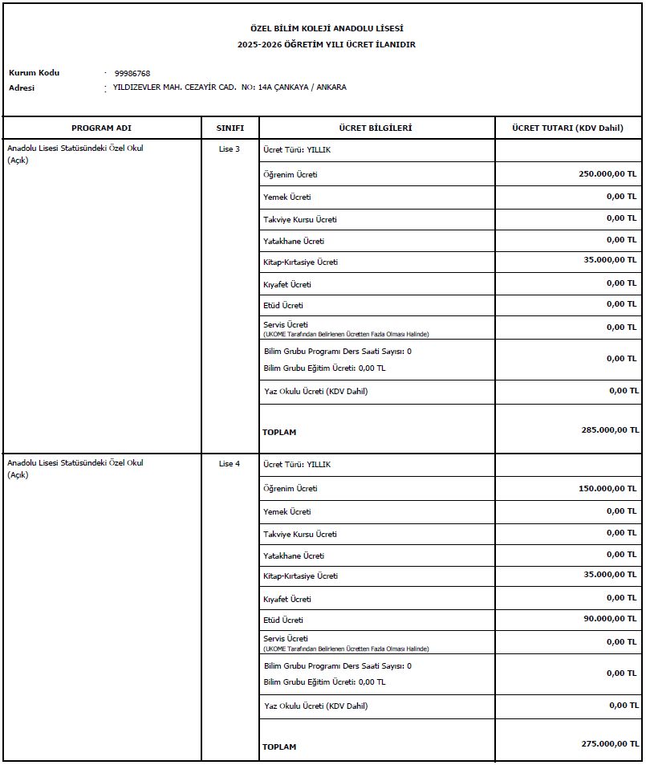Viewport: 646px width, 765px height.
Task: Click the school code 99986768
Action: tap(132, 73)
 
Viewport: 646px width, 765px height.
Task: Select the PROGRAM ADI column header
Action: tap(101, 128)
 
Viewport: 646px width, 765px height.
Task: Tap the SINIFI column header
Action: tap(230, 128)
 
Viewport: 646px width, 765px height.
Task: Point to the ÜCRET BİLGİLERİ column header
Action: tap(376, 128)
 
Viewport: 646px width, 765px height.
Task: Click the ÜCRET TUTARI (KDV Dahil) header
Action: tap(568, 128)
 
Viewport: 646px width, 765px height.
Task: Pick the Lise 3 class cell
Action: tap(230, 149)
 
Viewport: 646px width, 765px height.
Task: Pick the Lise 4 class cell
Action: tap(230, 464)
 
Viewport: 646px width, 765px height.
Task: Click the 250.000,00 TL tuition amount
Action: tap(607, 173)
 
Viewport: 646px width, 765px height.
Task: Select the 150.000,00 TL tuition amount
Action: tap(607, 488)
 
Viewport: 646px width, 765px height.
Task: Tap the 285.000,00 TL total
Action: tap(610, 429)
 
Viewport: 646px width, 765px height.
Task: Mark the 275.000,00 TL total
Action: tap(610, 744)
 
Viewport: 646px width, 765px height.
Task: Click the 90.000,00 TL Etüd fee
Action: tap(610, 618)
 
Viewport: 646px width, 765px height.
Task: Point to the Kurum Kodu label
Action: tap(34, 73)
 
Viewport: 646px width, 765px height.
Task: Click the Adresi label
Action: tap(22, 87)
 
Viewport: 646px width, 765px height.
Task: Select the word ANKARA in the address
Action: tap(332, 87)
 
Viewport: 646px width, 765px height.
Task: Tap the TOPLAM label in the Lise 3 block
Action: tap(279, 432)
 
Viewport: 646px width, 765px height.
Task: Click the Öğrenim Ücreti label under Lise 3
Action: tap(290, 174)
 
